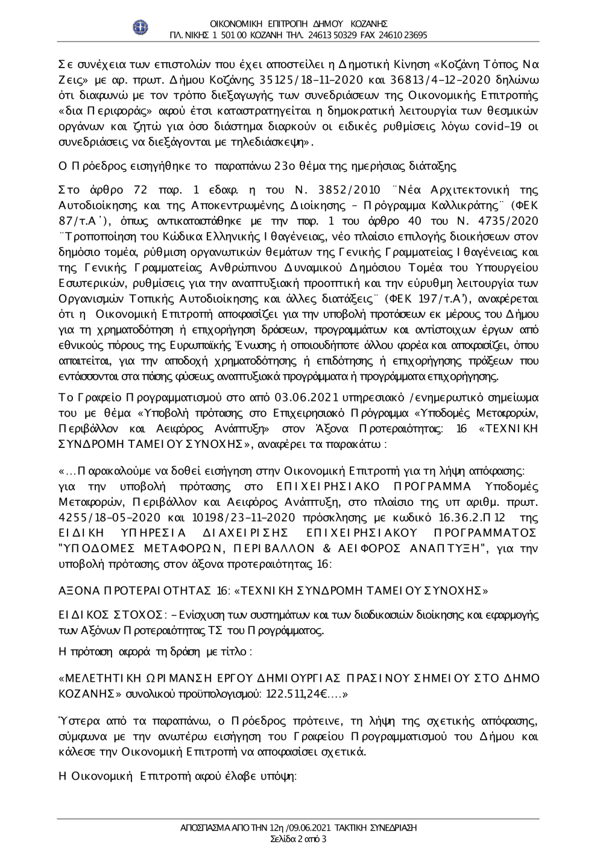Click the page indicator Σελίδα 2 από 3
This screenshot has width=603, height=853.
click(300, 839)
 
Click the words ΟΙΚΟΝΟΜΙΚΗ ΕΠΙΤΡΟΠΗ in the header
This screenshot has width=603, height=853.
click(266, 24)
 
